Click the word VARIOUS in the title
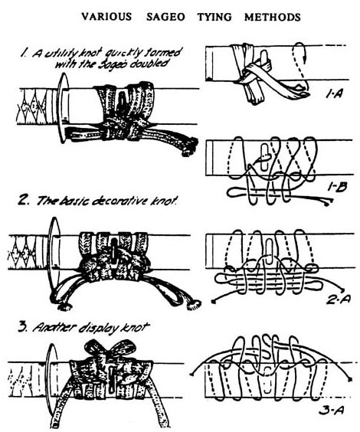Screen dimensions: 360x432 [x=106, y=17]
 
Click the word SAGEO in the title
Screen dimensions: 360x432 [x=165, y=17]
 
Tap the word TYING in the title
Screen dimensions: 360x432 [x=214, y=17]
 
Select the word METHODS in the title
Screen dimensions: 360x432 [x=273, y=17]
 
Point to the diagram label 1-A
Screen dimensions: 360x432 [x=334, y=94]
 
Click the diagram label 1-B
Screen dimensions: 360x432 [x=337, y=188]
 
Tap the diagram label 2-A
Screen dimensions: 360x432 [x=339, y=299]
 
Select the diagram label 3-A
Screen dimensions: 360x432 [x=332, y=411]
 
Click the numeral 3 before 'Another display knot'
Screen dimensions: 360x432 [x=22, y=328]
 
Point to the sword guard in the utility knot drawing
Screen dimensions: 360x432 [x=64, y=108]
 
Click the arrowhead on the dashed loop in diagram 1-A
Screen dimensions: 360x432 [x=305, y=57]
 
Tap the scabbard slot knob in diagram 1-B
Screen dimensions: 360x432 [x=265, y=157]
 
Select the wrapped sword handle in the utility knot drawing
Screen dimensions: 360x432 [x=38, y=106]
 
